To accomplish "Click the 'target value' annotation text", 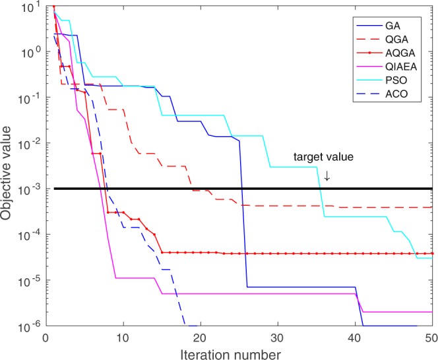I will click(323, 158).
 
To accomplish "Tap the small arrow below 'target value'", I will click(325, 176).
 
